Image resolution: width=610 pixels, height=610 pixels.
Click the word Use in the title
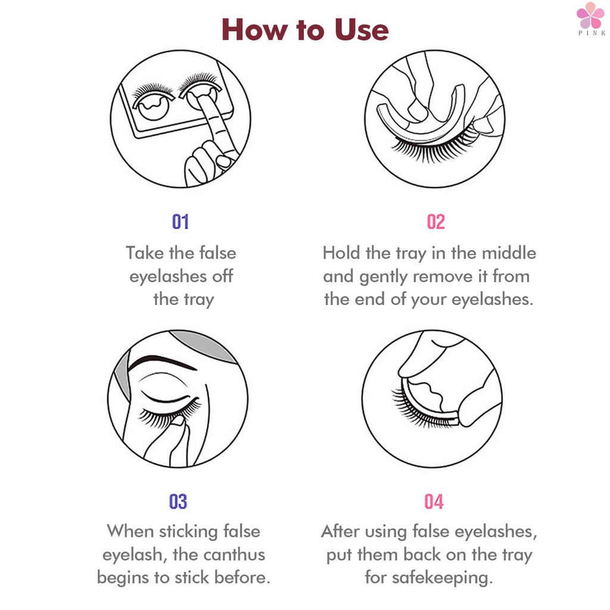(362, 30)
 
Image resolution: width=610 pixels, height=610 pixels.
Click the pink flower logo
(590, 15)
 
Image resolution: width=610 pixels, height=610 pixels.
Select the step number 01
(180, 222)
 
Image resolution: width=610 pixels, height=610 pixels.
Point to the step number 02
(435, 222)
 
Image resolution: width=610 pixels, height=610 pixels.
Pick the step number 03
(178, 502)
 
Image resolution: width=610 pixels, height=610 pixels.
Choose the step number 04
(434, 502)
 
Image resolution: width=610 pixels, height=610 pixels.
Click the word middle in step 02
(509, 253)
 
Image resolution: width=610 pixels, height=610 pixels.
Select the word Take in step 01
(145, 253)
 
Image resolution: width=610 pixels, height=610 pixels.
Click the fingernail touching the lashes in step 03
(178, 421)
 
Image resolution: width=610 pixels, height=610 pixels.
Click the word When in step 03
(130, 531)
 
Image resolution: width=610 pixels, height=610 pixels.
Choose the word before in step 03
(242, 577)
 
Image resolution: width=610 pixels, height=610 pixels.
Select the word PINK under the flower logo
(592, 33)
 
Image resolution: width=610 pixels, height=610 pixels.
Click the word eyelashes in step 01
(168, 277)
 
